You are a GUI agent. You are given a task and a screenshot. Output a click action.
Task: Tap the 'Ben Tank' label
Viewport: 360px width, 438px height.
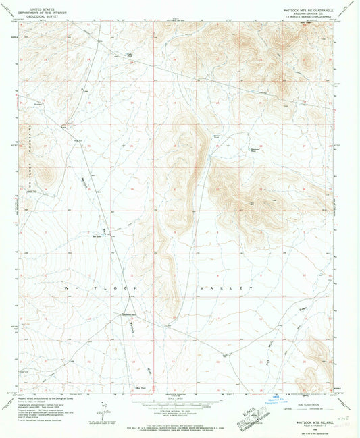point(106,236)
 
